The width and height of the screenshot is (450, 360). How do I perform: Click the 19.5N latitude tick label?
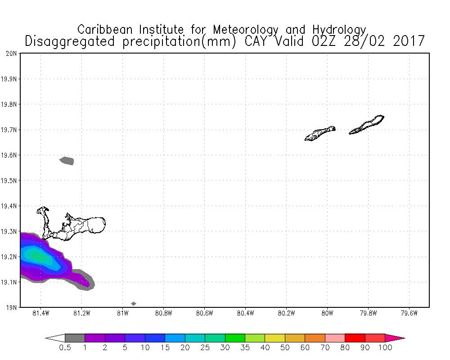(x=9, y=181)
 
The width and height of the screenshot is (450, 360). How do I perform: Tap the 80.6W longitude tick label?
(x=204, y=313)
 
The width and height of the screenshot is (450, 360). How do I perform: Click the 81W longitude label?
(x=122, y=313)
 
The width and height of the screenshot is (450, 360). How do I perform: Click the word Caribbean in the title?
(x=106, y=30)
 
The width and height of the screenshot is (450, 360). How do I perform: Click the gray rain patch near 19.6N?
(x=67, y=161)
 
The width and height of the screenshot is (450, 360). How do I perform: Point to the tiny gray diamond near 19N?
(x=133, y=304)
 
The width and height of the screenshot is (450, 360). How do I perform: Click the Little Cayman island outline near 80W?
(x=320, y=133)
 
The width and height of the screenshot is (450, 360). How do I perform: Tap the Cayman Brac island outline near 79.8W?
(x=367, y=125)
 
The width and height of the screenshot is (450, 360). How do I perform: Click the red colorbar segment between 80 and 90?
(x=355, y=338)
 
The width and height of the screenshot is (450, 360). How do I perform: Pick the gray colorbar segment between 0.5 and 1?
(x=75, y=338)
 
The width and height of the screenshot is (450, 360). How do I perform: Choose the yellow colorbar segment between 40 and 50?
(x=274, y=338)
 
